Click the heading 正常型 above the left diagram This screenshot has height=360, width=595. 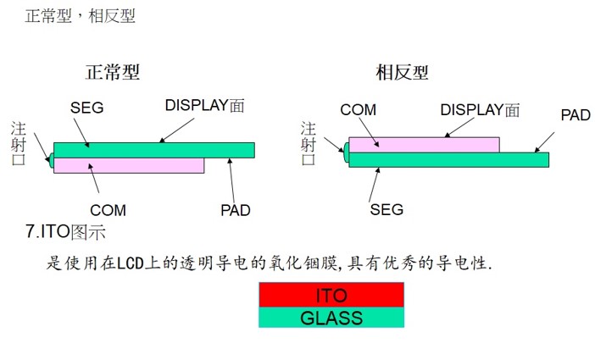pyautogui.click(x=112, y=72)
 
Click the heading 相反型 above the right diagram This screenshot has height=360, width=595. pyautogui.click(x=402, y=72)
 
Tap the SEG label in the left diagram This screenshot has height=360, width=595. pyautogui.click(x=88, y=108)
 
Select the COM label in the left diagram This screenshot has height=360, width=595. pyautogui.click(x=108, y=209)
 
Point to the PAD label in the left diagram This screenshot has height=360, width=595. pyautogui.click(x=235, y=209)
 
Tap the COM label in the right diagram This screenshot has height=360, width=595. pyautogui.click(x=358, y=110)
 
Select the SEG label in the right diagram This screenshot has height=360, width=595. pyautogui.click(x=386, y=209)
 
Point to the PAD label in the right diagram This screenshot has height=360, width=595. pyautogui.click(x=576, y=114)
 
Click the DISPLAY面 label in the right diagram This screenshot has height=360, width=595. pyautogui.click(x=480, y=110)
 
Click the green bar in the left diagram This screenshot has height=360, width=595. pyautogui.click(x=153, y=150)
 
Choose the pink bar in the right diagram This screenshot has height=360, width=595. pyautogui.click(x=424, y=144)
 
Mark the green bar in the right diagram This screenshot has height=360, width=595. pyautogui.click(x=448, y=159)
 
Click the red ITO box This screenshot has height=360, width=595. pyautogui.click(x=331, y=295)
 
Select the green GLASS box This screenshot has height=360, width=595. pyautogui.click(x=331, y=318)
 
